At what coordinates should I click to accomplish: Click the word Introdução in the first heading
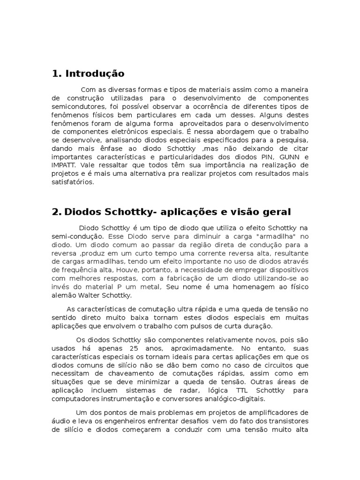(95, 74)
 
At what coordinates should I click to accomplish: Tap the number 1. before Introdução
(57, 74)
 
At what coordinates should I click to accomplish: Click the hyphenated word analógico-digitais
(231, 398)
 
